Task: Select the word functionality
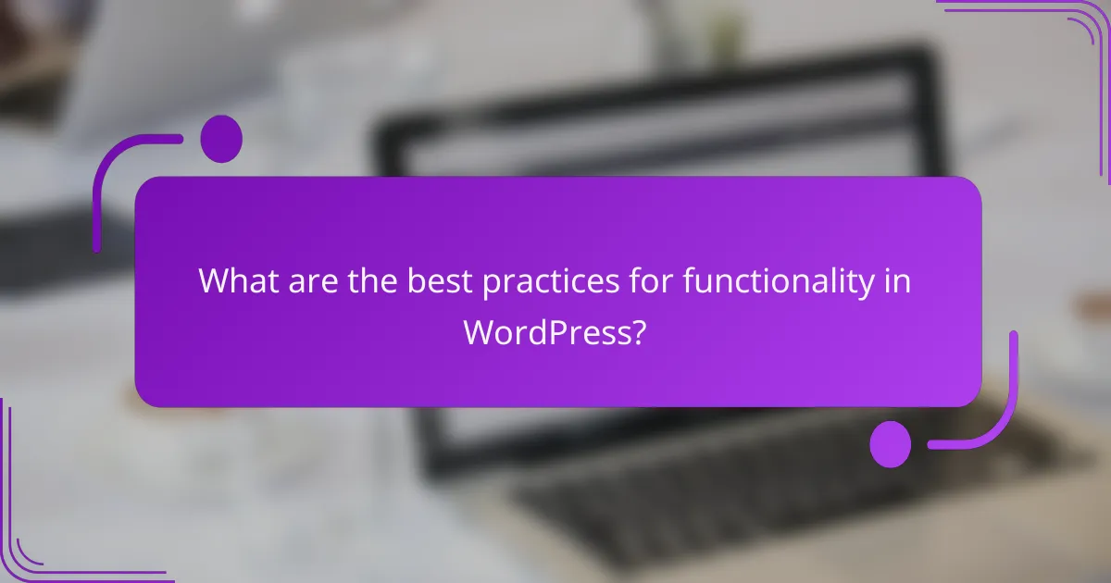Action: tap(778, 281)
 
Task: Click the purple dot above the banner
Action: tap(221, 139)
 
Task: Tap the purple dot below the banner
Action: tap(891, 443)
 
